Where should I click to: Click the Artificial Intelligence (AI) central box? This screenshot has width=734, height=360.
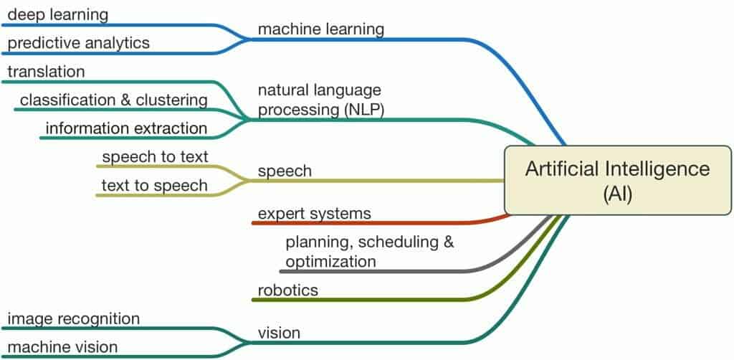click(x=618, y=180)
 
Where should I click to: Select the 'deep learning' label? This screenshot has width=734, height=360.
click(x=58, y=15)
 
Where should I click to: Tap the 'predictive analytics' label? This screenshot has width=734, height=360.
click(x=79, y=43)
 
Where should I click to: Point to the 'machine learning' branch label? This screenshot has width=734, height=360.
click(x=321, y=29)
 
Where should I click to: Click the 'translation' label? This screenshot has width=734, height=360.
click(x=47, y=72)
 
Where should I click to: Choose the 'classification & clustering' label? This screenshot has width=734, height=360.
click(x=114, y=100)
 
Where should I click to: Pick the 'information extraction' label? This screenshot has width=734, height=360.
click(x=126, y=128)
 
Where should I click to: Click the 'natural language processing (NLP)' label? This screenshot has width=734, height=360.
click(x=321, y=100)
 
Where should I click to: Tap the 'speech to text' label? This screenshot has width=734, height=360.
click(x=155, y=157)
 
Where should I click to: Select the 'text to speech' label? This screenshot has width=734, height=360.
click(x=155, y=186)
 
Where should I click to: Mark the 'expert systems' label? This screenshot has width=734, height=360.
click(x=315, y=214)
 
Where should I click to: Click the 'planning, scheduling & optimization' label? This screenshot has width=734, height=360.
click(x=370, y=252)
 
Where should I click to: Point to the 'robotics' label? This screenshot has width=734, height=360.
click(x=288, y=290)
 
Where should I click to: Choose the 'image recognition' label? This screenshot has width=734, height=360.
click(x=74, y=319)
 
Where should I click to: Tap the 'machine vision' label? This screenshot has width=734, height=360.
click(x=63, y=347)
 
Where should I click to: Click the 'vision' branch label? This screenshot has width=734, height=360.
click(x=279, y=333)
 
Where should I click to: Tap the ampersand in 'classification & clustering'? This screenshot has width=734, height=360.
click(x=125, y=100)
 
